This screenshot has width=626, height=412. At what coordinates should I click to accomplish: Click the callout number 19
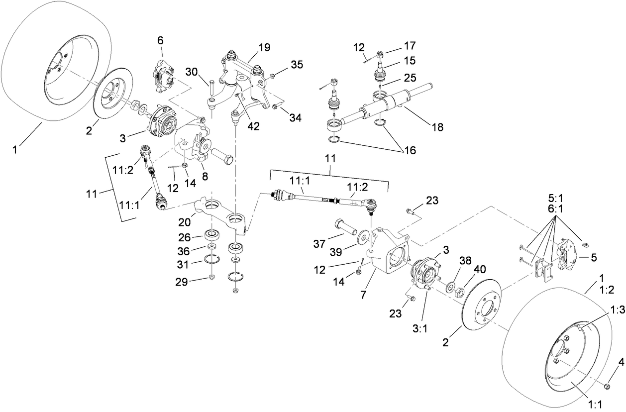[264, 48]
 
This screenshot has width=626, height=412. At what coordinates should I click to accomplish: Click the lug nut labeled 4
[607, 386]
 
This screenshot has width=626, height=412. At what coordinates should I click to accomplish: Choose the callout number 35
[297, 65]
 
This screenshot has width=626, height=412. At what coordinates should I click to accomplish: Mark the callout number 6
[160, 40]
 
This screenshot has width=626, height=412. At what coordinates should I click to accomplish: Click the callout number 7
[364, 295]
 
